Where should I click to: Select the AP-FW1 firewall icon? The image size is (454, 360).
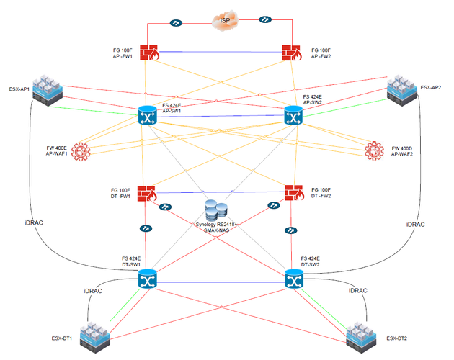[x=149, y=53]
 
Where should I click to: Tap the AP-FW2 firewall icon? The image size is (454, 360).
[x=292, y=53]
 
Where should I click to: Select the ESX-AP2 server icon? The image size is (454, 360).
[x=404, y=89]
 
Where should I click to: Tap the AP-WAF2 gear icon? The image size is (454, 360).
[x=373, y=151]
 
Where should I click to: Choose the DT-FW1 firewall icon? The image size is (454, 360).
[x=148, y=192]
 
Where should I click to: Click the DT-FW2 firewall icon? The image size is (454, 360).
[x=293, y=192]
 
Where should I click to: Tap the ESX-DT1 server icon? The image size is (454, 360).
[x=94, y=334]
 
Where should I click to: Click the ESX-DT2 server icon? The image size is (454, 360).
[x=362, y=335]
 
